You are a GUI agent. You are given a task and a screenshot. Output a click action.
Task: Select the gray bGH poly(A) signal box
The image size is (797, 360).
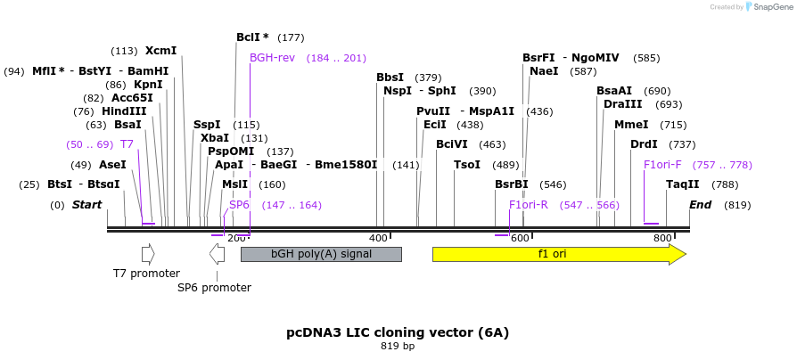321,255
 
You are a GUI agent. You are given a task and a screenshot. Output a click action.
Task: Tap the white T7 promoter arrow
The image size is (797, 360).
148,254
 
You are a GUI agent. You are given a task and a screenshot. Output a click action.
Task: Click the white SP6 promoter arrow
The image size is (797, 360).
217,254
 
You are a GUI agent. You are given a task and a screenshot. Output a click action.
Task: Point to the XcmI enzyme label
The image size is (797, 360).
160,51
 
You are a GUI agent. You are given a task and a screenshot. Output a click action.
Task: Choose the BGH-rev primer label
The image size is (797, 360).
272,58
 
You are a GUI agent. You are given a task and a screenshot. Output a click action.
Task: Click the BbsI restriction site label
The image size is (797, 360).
390,78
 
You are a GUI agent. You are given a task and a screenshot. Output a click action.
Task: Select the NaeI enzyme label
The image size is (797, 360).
544,71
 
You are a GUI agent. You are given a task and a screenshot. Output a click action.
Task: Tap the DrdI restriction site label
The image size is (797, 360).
644,144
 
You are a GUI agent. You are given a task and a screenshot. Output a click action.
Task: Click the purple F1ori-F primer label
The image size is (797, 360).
662,165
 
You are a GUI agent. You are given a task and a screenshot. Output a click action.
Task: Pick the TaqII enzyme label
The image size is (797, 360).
683,184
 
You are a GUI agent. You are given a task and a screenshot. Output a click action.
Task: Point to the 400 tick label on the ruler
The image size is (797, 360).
378,239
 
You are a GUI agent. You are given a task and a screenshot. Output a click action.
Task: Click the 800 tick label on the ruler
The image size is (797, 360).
662,239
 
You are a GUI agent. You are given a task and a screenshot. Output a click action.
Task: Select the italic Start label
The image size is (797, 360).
86,205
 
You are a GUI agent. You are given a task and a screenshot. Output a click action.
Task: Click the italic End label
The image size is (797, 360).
701,205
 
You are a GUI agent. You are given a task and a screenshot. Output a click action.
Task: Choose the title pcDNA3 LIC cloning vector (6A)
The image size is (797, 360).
398,332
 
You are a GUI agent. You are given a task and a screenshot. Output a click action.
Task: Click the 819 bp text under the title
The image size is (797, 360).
398,346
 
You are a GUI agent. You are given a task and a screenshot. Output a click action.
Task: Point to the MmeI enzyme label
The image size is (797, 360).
631,125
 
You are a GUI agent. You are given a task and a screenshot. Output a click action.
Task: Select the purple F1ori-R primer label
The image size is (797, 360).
529,205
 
